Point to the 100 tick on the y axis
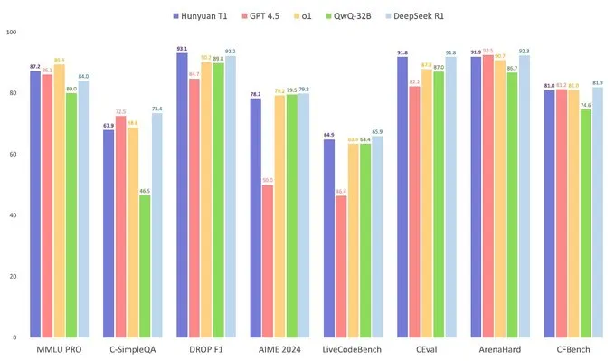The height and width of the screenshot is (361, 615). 10,33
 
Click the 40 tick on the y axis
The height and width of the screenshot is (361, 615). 12,215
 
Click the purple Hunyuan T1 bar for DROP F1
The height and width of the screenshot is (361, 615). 182,195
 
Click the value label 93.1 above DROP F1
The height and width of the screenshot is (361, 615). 182,48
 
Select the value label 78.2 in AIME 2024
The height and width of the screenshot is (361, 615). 256,94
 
